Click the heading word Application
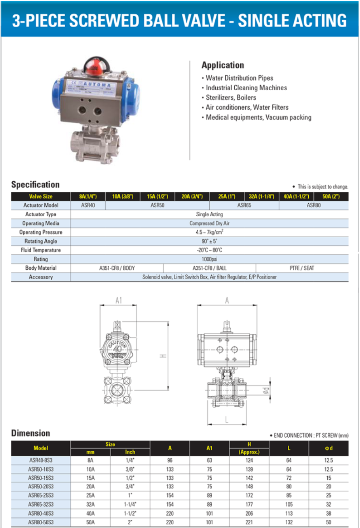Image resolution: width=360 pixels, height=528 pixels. click(x=223, y=65)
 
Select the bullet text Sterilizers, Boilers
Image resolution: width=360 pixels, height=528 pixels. click(x=231, y=98)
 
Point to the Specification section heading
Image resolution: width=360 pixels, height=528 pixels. click(x=35, y=185)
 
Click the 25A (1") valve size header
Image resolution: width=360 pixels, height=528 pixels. click(x=227, y=196)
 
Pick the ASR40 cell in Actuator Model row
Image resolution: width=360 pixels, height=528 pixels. click(x=88, y=205)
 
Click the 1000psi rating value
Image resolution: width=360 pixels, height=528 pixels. click(x=210, y=259)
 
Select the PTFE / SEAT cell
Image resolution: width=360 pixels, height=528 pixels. click(x=302, y=268)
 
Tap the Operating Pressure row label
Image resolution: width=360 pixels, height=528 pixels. click(x=41, y=232)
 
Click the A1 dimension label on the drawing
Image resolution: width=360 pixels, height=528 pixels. click(x=119, y=300)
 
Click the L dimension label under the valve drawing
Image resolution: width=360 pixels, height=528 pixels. click(x=227, y=419)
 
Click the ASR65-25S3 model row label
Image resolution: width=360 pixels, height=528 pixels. click(x=41, y=495)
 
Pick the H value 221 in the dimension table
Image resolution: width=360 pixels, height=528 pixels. click(x=249, y=522)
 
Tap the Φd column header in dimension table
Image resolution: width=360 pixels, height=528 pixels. click(x=329, y=448)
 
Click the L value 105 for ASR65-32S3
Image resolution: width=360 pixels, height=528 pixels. click(x=289, y=504)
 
